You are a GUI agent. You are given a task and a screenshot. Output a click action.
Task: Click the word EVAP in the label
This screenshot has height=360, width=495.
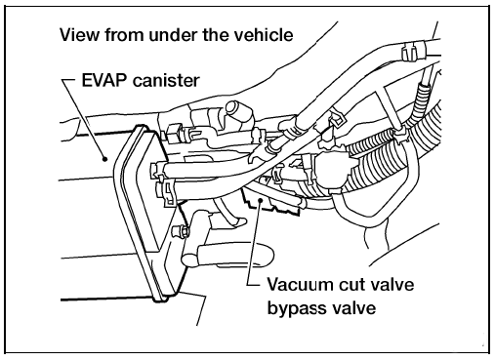[104, 80]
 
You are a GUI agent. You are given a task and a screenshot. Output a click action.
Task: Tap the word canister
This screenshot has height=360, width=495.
[166, 81]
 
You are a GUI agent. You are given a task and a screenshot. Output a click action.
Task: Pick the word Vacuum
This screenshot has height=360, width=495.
[301, 285]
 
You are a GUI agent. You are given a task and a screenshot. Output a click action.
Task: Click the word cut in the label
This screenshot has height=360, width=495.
[352, 285]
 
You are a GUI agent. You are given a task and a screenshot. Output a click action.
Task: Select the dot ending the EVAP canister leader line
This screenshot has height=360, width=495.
[104, 159]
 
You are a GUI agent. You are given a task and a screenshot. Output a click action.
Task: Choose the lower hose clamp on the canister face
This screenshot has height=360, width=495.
[167, 192]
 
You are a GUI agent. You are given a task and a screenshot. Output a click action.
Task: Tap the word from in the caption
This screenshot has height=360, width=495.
[123, 34]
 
